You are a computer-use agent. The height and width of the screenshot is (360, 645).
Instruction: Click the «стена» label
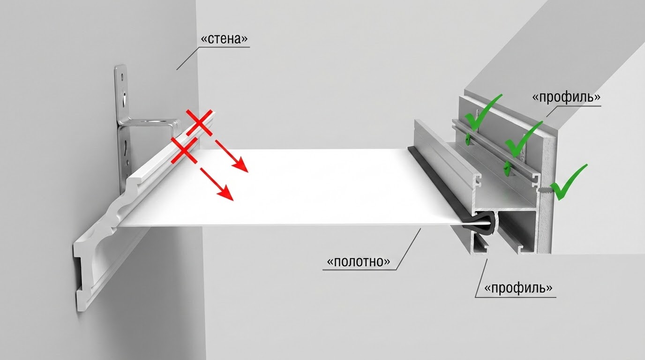click(x=224, y=39)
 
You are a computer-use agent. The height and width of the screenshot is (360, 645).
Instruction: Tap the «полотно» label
click(x=359, y=262)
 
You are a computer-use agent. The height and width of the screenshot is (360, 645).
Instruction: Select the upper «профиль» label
click(x=566, y=97)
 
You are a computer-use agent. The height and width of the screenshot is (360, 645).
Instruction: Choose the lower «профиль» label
click(x=518, y=288)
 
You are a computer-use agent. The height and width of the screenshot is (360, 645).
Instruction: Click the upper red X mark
click(x=200, y=122)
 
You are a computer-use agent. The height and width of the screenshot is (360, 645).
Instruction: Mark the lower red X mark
click(x=185, y=150)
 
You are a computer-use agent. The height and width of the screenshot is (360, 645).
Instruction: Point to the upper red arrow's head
click(x=240, y=165)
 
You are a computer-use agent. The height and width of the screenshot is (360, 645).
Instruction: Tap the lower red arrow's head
click(x=225, y=192)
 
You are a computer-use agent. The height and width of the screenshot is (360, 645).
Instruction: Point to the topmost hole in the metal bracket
click(x=123, y=77)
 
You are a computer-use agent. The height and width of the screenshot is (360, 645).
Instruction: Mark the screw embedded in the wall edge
click(x=544, y=190)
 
